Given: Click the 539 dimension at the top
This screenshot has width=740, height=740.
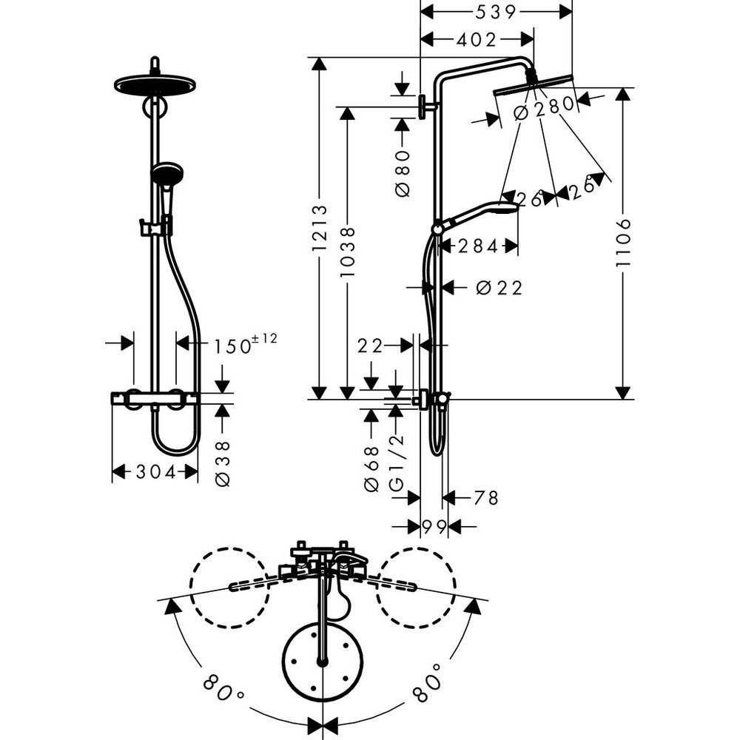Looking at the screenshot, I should (497, 12).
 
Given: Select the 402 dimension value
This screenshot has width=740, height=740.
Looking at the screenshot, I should (477, 40).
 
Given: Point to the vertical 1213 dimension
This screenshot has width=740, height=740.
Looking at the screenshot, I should (319, 228).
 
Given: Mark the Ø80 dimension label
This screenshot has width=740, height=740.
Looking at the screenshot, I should (403, 172).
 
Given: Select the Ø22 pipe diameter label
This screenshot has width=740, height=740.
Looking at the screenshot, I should (499, 288).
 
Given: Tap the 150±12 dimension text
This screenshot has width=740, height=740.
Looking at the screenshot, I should (245, 344).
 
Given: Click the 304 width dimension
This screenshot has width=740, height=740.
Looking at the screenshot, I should (155, 472).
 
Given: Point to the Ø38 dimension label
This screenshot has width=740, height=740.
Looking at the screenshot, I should (223, 462).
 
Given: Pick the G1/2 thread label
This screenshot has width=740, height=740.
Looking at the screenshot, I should (397, 462).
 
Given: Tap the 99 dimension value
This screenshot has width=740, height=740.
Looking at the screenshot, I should (434, 526).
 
